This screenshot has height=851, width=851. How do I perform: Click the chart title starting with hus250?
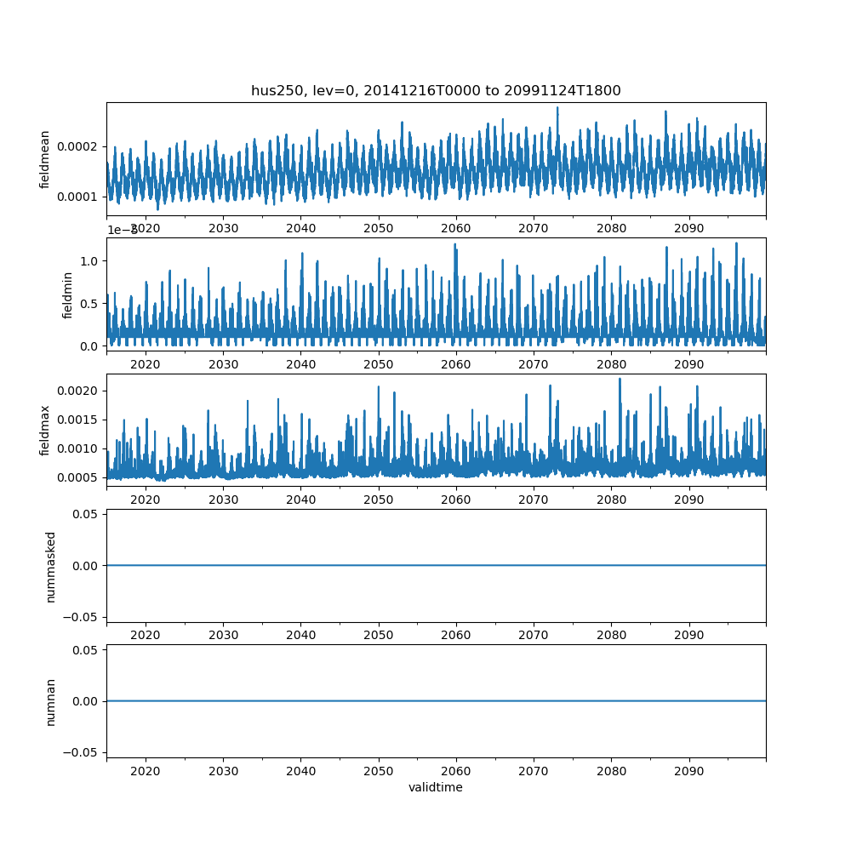436,90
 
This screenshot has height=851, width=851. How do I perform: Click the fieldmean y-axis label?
45,159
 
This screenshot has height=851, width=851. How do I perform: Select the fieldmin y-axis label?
68,294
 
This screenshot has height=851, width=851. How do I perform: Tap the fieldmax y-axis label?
45,431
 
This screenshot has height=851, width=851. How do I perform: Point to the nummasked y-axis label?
51,566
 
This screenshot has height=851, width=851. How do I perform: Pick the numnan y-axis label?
51,701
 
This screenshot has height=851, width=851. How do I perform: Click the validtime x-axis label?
436,787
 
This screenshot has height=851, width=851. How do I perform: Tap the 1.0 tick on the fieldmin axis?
91,260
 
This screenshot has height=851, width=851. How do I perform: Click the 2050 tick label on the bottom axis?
379,771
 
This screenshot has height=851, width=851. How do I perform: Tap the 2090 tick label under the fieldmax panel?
688,500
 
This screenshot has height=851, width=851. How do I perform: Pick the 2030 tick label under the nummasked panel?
223,635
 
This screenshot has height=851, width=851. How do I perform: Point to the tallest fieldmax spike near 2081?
620,379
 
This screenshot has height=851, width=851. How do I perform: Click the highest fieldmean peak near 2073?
557,107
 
